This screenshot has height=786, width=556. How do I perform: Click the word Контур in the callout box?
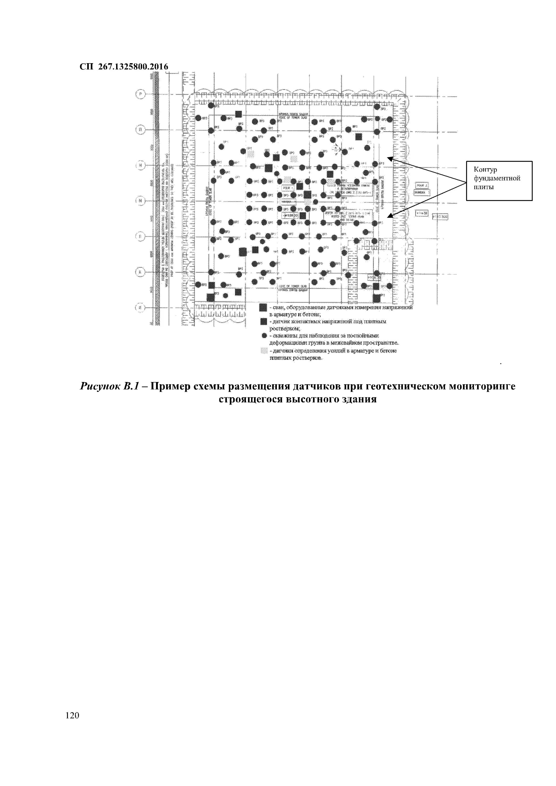tap(485, 170)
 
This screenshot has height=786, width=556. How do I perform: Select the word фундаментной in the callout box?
tap(497, 178)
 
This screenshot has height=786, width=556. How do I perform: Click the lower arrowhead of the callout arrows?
tap(390, 215)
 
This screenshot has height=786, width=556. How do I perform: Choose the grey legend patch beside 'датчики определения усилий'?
tap(263, 351)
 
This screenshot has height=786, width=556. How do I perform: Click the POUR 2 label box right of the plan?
tap(422, 185)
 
